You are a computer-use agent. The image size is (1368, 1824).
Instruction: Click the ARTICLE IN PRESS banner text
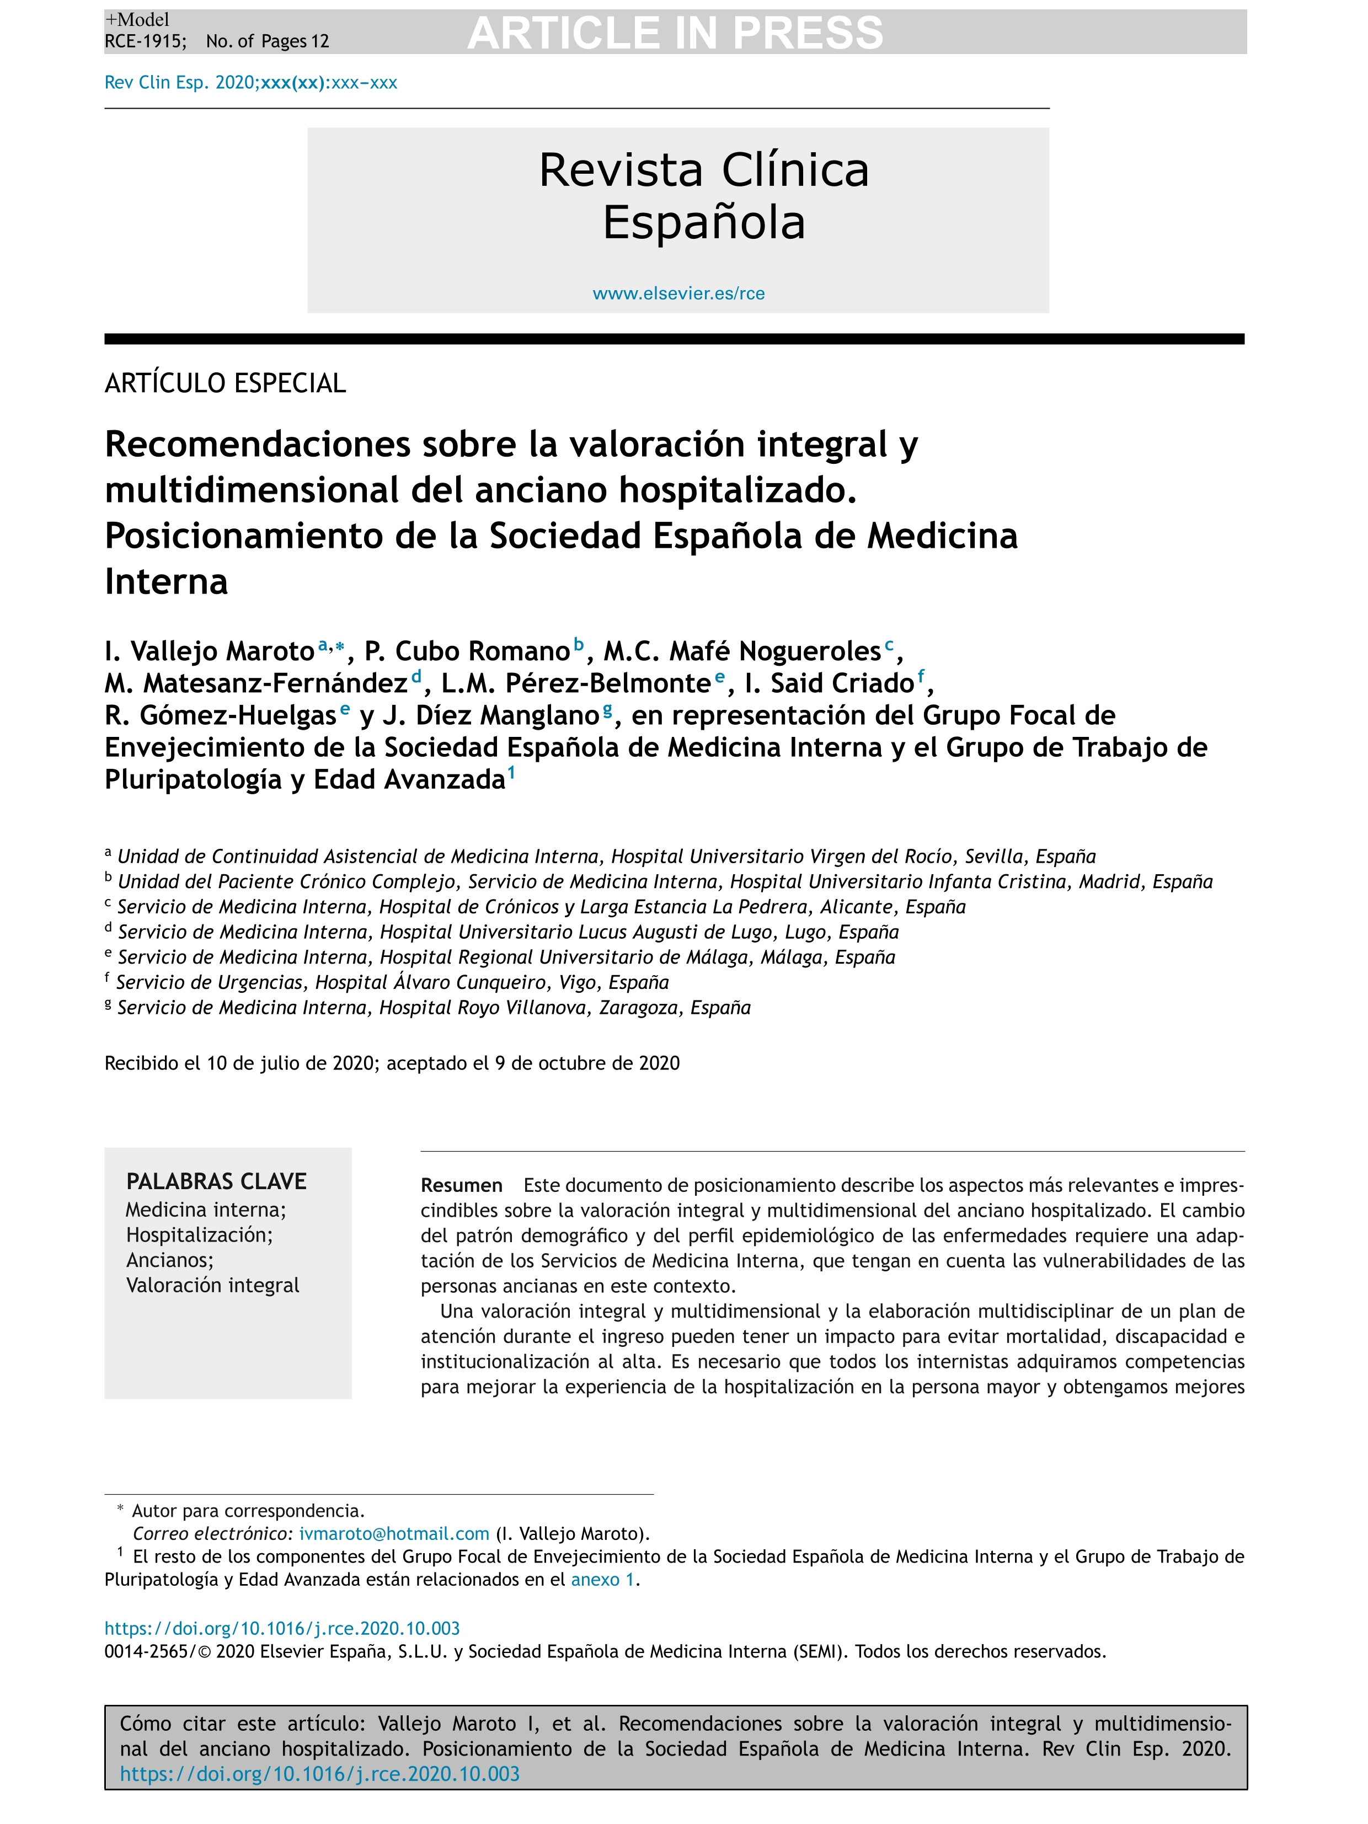675,33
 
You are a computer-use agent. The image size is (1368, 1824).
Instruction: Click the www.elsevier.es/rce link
678,293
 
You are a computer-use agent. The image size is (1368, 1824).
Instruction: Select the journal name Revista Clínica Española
703,196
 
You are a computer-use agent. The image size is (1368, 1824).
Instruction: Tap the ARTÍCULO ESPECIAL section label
225,383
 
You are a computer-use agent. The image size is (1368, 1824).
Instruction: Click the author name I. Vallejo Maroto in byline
210,651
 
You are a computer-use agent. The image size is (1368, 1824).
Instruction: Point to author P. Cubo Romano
467,651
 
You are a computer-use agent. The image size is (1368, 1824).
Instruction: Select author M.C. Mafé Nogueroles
742,651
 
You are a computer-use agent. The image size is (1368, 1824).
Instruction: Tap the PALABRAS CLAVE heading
216,1181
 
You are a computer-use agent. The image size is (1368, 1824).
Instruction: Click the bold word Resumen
461,1186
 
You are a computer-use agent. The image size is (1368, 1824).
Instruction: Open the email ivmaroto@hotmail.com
394,1534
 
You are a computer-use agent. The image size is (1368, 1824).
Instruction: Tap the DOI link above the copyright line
282,1629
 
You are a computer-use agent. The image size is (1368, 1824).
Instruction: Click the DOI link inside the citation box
320,1774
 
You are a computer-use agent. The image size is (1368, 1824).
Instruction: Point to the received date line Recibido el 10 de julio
392,1064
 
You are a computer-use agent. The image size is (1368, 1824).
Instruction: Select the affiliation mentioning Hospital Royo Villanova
434,1008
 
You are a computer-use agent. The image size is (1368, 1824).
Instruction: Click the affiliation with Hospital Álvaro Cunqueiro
392,982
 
